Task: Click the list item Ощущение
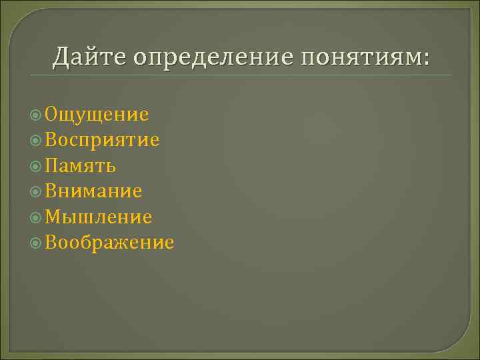pyautogui.click(x=97, y=115)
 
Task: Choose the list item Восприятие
pyautogui.click(x=103, y=140)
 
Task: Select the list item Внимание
pyautogui.click(x=94, y=191)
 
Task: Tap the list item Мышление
pyautogui.click(x=99, y=217)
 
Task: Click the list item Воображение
pyautogui.click(x=110, y=243)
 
